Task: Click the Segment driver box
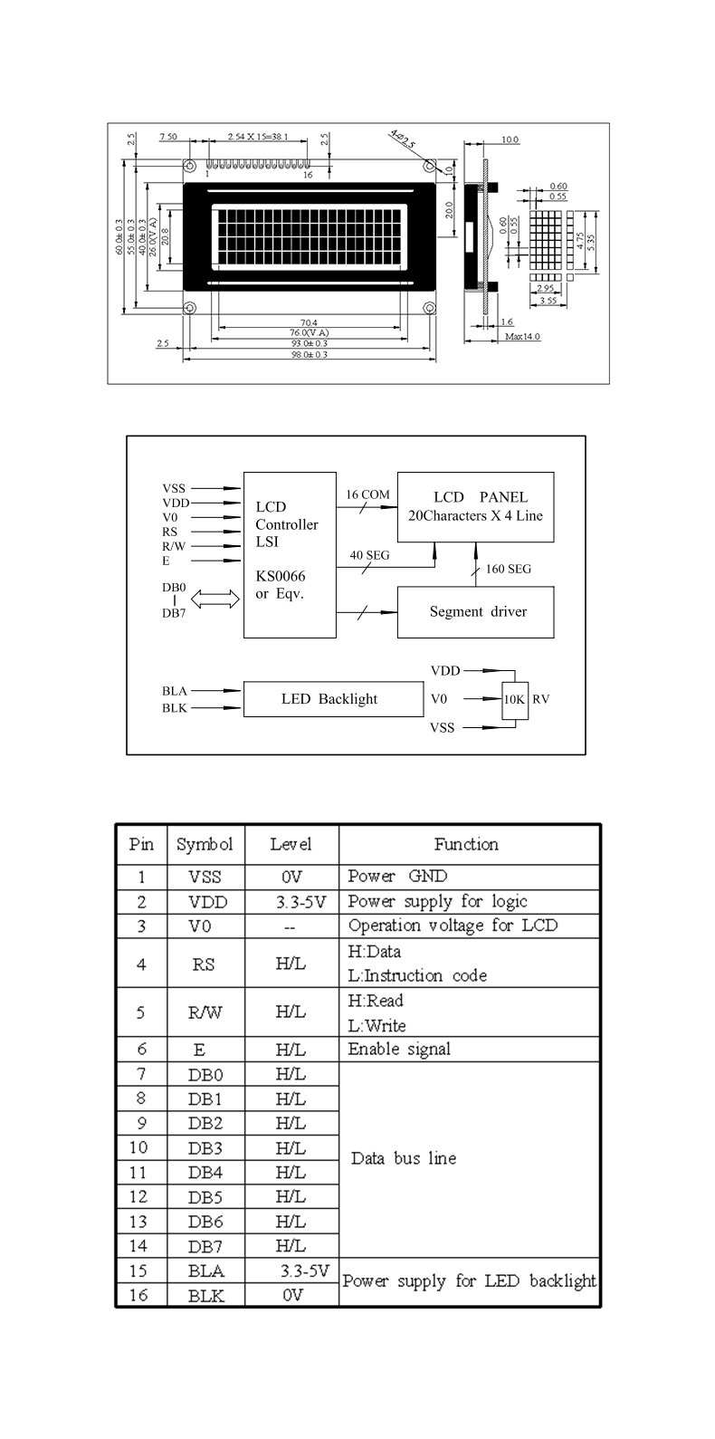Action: click(x=476, y=611)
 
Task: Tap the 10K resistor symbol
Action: click(x=514, y=699)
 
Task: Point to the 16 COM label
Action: click(x=367, y=494)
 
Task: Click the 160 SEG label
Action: click(x=508, y=569)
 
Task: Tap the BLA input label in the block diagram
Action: click(x=174, y=691)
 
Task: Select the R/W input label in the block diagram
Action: click(x=175, y=546)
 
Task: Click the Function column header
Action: click(x=466, y=845)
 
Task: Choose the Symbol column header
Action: click(x=204, y=845)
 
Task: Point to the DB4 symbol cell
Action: click(x=205, y=1172)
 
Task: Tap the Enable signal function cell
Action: click(x=399, y=1050)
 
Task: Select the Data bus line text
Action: click(x=404, y=1158)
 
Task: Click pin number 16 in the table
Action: click(x=138, y=1295)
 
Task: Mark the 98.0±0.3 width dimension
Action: click(x=308, y=355)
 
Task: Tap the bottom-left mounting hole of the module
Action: click(x=190, y=308)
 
